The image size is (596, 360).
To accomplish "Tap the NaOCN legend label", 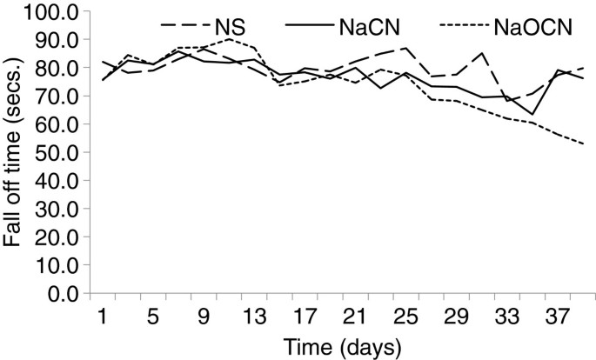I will click(535, 27).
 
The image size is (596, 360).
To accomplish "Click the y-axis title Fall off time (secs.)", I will click(15, 152).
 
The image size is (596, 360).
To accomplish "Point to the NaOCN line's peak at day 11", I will click(228, 39).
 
